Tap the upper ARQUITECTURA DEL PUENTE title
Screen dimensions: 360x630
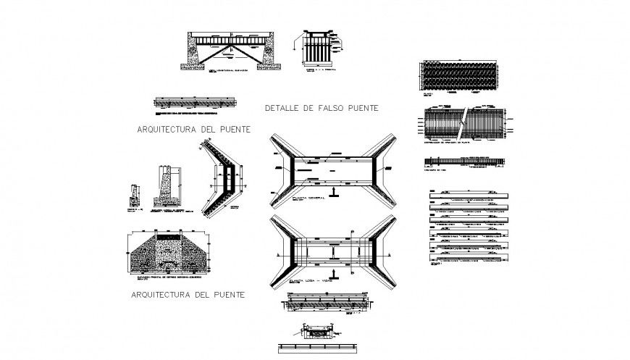tap(193, 130)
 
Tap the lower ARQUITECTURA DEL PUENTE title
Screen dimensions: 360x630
tap(187, 295)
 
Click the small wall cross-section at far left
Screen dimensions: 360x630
tap(133, 194)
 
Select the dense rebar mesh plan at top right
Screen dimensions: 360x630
tap(459, 75)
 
